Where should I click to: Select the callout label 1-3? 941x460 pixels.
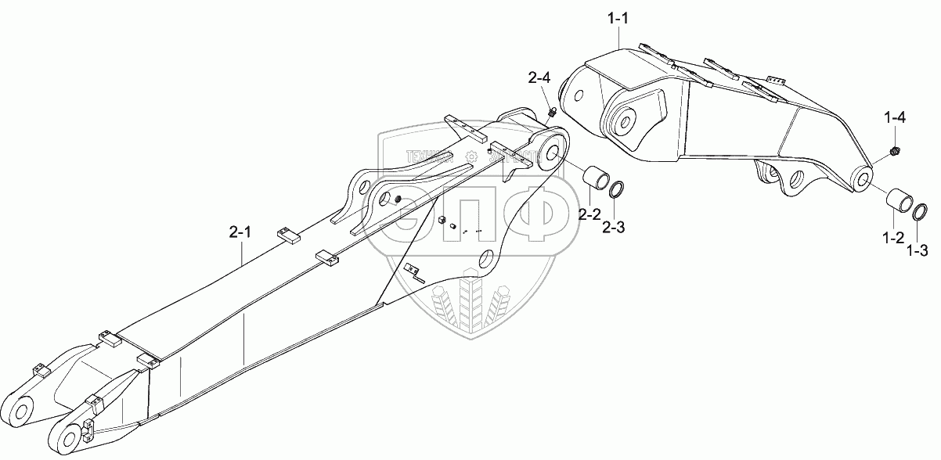coord(918,250)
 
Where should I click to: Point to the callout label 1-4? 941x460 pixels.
coord(896,118)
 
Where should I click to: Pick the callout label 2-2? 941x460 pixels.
coord(589,214)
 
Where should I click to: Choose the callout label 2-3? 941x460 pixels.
coord(614,228)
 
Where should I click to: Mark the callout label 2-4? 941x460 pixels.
coord(539,77)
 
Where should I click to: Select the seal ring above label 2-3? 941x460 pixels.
coord(617,190)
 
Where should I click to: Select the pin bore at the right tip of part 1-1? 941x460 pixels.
coord(863,180)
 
